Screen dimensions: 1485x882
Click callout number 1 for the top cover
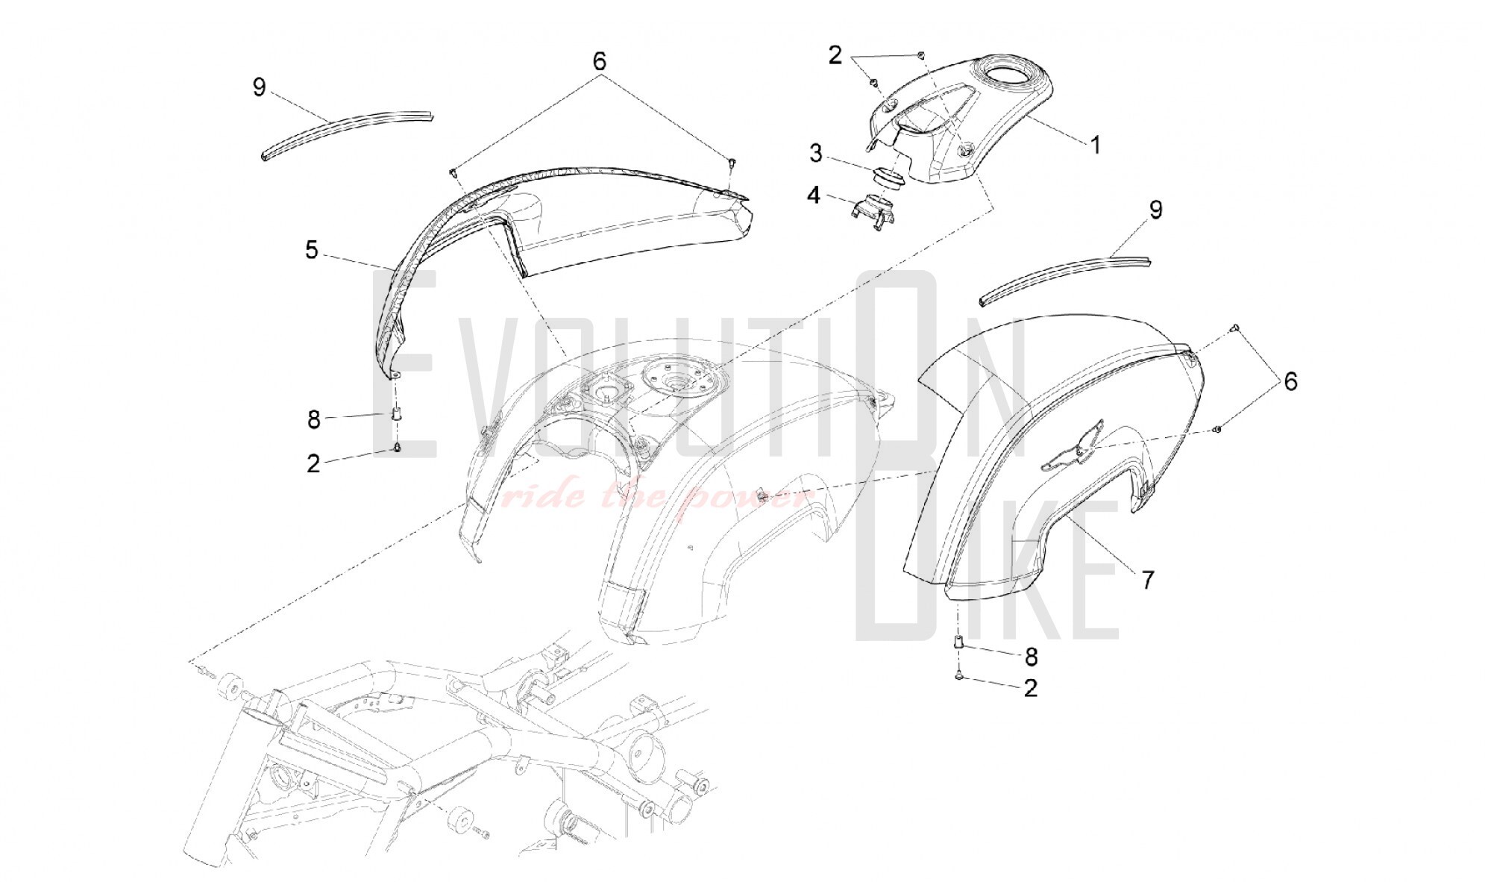point(1095,145)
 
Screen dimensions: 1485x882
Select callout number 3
point(816,154)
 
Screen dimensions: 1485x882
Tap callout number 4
point(813,196)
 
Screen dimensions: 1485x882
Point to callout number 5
point(312,250)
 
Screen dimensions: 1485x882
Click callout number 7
point(1148,579)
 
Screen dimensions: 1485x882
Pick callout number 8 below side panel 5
point(314,419)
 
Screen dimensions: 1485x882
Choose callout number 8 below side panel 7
point(1031,657)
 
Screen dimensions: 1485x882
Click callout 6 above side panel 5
point(600,61)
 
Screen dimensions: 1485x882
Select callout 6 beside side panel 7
point(1290,382)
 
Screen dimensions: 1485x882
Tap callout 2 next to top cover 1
point(835,54)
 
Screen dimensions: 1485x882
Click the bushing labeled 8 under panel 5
point(397,414)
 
